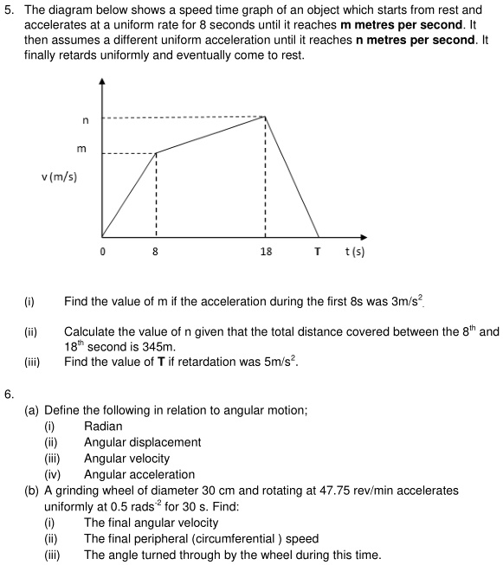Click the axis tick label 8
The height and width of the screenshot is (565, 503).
coord(156,252)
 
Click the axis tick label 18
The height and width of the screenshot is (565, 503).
coord(266,252)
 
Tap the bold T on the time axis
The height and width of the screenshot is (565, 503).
coord(318,252)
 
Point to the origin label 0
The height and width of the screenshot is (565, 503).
coord(102,252)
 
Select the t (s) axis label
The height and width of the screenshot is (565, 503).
coord(354,252)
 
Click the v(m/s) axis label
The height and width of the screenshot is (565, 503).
coord(59,177)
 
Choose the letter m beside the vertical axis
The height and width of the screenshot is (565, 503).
coord(81,149)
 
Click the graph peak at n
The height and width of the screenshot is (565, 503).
coord(265,117)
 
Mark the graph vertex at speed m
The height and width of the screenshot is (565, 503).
coord(156,153)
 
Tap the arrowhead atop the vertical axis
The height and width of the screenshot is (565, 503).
coord(102,81)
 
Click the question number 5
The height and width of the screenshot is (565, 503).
coord(8,10)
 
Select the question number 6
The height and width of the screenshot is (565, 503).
coord(8,394)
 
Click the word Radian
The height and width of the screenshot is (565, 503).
coord(103,426)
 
